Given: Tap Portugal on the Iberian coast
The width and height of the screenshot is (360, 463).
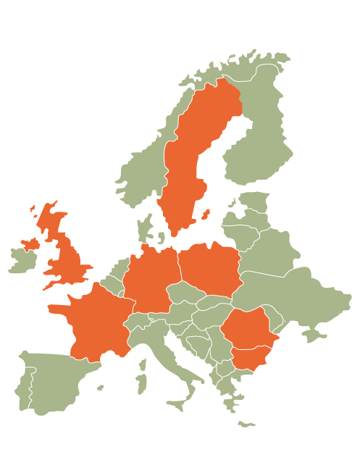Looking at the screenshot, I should pyautogui.click(x=22, y=388).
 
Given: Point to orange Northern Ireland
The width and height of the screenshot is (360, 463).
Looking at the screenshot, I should pyautogui.click(x=31, y=243).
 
